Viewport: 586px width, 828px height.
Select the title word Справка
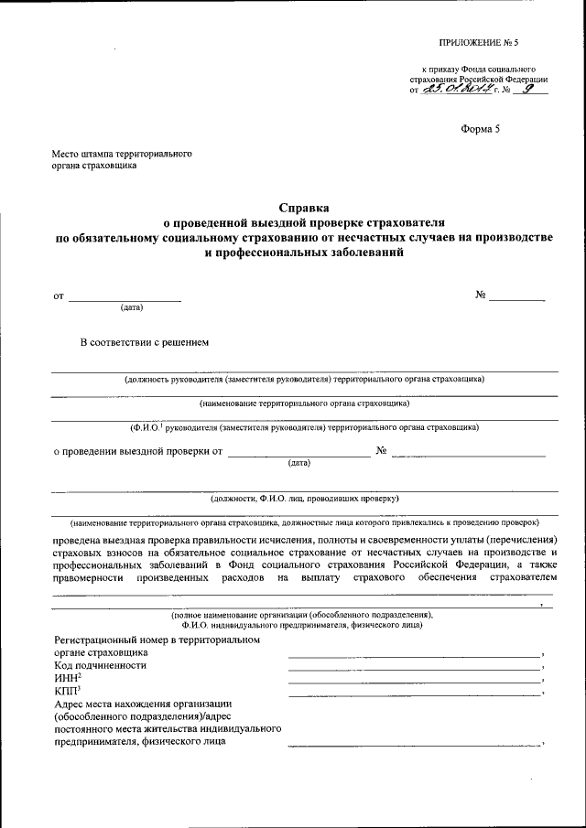[303, 208]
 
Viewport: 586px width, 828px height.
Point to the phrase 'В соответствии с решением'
[146, 343]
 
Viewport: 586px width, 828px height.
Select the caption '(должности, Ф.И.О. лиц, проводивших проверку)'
[304, 499]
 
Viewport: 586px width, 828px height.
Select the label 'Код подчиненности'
[101, 665]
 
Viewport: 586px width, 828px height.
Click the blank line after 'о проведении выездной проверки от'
[298, 455]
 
